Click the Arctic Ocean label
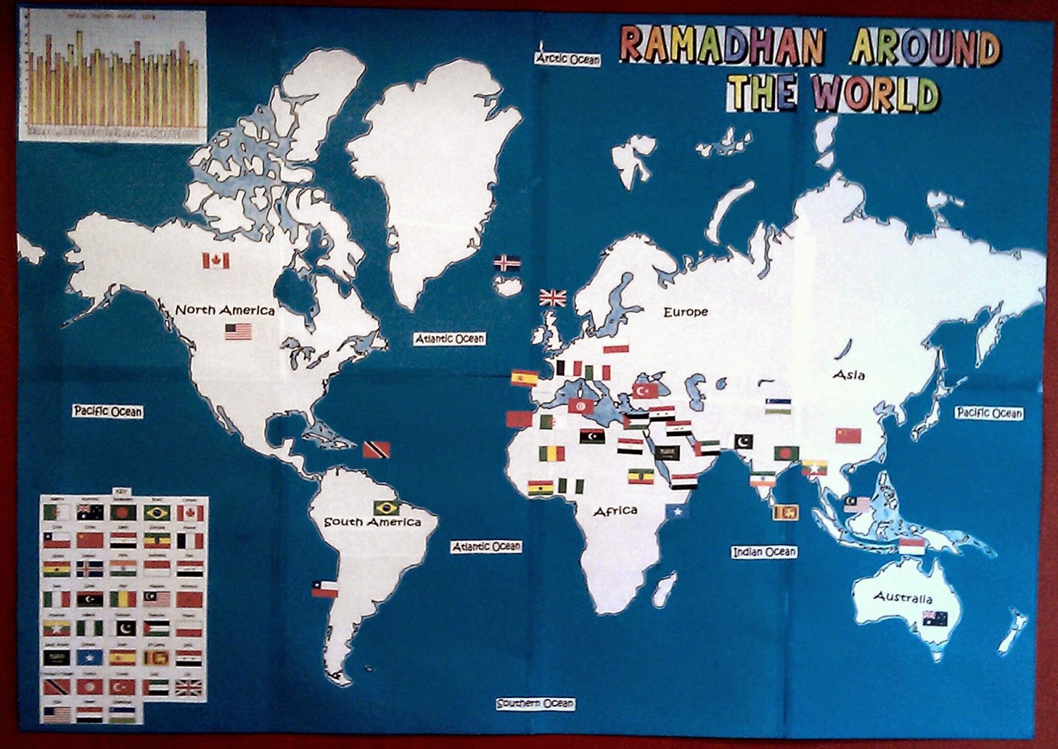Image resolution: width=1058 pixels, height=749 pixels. pyautogui.click(x=567, y=59)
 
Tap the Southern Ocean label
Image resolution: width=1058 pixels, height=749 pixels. pyautogui.click(x=536, y=703)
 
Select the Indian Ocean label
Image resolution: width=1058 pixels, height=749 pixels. pyautogui.click(x=764, y=551)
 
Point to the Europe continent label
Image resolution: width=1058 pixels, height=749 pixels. pyautogui.click(x=685, y=312)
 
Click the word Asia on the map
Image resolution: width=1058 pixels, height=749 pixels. pyautogui.click(x=848, y=375)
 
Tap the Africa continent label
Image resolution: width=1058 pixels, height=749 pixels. pyautogui.click(x=615, y=511)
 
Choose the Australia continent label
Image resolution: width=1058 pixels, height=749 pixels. pyautogui.click(x=903, y=597)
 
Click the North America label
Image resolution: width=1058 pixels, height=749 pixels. pyautogui.click(x=225, y=310)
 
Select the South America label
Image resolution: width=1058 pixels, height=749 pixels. pyautogui.click(x=372, y=522)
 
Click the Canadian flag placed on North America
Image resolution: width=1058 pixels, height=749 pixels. pyautogui.click(x=216, y=261)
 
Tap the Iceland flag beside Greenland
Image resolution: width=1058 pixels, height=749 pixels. pyautogui.click(x=507, y=263)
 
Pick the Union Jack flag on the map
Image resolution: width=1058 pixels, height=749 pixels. pyautogui.click(x=553, y=298)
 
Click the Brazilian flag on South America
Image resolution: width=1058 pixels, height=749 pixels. pyautogui.click(x=386, y=508)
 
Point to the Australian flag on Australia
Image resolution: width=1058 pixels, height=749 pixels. pyautogui.click(x=935, y=619)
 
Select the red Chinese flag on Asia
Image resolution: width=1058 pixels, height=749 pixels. pyautogui.click(x=848, y=435)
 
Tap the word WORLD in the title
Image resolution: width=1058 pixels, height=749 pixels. pyautogui.click(x=876, y=93)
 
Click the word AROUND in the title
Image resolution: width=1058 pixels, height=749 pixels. pyautogui.click(x=926, y=48)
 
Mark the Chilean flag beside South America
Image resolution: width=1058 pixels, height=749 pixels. pyautogui.click(x=325, y=589)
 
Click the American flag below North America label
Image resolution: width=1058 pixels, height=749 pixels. pyautogui.click(x=238, y=331)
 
